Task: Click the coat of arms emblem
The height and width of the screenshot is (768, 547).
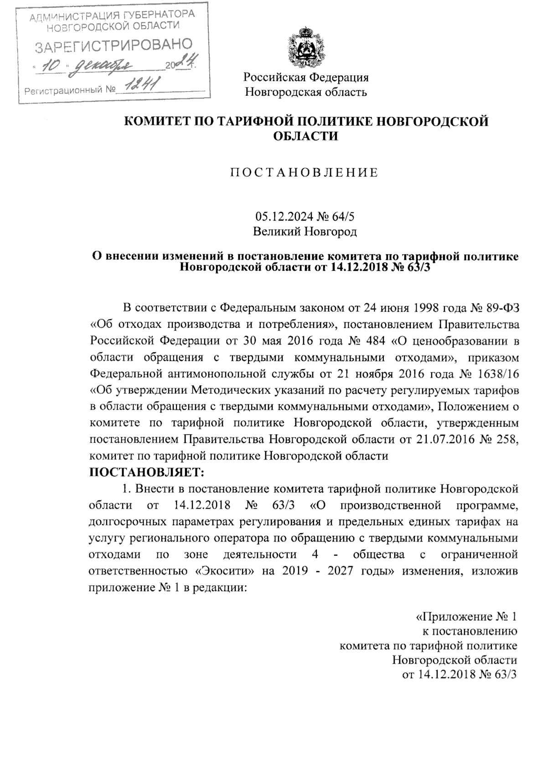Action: pos(305,48)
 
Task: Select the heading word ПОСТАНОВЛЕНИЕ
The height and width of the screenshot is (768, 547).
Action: pos(304,173)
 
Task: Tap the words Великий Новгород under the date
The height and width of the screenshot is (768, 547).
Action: pos(305,232)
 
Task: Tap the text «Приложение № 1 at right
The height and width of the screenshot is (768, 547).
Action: pos(467,618)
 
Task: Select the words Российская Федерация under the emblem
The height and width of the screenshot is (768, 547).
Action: pos(305,77)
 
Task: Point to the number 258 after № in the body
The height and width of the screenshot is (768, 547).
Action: pos(505,440)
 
